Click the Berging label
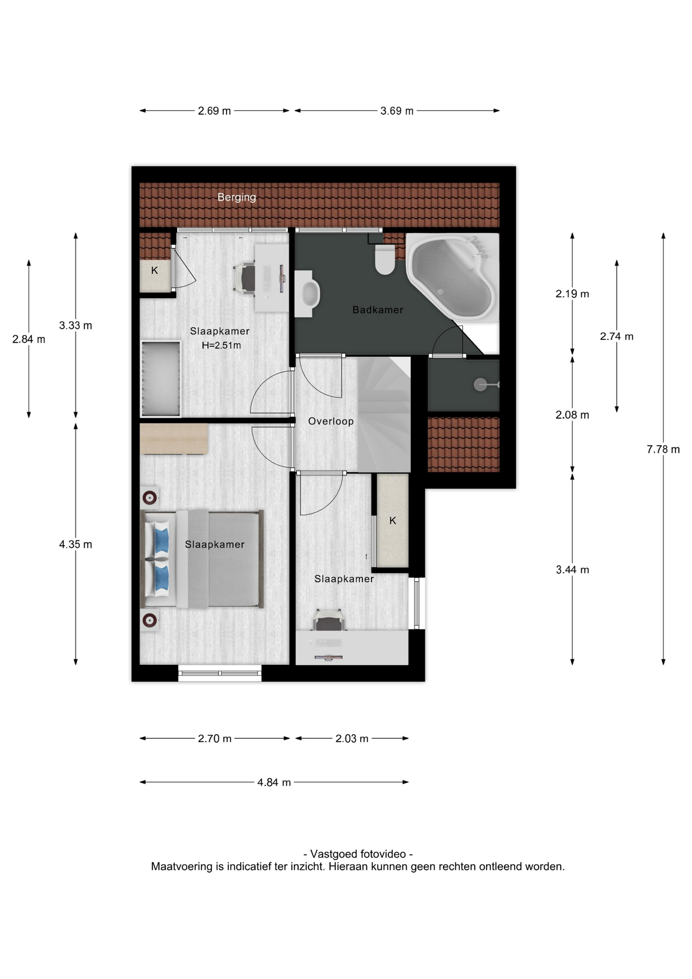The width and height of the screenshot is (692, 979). point(236,197)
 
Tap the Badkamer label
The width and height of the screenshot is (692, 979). point(378,310)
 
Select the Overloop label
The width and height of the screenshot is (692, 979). point(331,421)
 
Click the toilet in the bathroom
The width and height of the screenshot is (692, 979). point(385,259)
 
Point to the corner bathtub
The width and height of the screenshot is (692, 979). point(453,277)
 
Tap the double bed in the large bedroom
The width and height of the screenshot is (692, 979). point(202,559)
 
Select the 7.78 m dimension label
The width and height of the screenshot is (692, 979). point(663,449)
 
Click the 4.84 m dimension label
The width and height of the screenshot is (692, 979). point(274,782)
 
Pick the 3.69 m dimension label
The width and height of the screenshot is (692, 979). point(397,111)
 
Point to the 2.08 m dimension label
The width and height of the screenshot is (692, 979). point(572,415)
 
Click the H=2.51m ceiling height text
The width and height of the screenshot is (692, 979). point(221,345)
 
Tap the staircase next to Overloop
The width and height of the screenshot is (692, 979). point(384,414)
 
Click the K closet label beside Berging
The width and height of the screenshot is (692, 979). point(154,270)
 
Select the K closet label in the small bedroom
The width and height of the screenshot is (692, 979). point(392,521)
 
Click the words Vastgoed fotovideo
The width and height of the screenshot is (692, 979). point(358,854)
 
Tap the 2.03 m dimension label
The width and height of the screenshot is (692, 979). point(352,738)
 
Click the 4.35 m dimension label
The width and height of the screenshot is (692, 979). point(75,544)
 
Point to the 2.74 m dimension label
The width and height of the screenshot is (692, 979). point(617,336)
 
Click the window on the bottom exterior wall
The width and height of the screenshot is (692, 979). point(220,673)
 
